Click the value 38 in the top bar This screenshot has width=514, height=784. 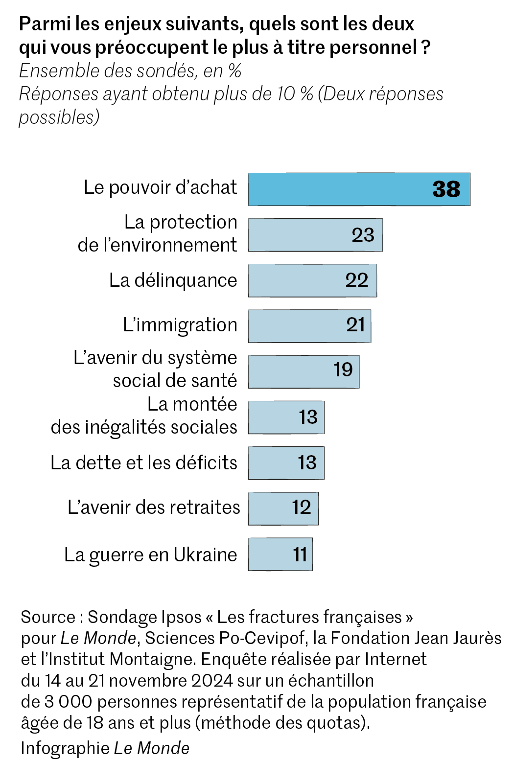[446, 189]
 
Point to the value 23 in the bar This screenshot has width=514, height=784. [363, 235]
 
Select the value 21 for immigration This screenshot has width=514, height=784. [356, 325]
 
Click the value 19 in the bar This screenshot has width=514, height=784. [343, 370]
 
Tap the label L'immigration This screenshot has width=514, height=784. [180, 325]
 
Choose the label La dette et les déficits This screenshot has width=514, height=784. [144, 462]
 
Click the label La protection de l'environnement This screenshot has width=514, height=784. [157, 233]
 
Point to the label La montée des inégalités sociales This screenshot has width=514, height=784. [144, 415]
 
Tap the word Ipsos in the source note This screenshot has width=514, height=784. [182, 617]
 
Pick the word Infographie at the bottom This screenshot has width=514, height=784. [65, 748]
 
